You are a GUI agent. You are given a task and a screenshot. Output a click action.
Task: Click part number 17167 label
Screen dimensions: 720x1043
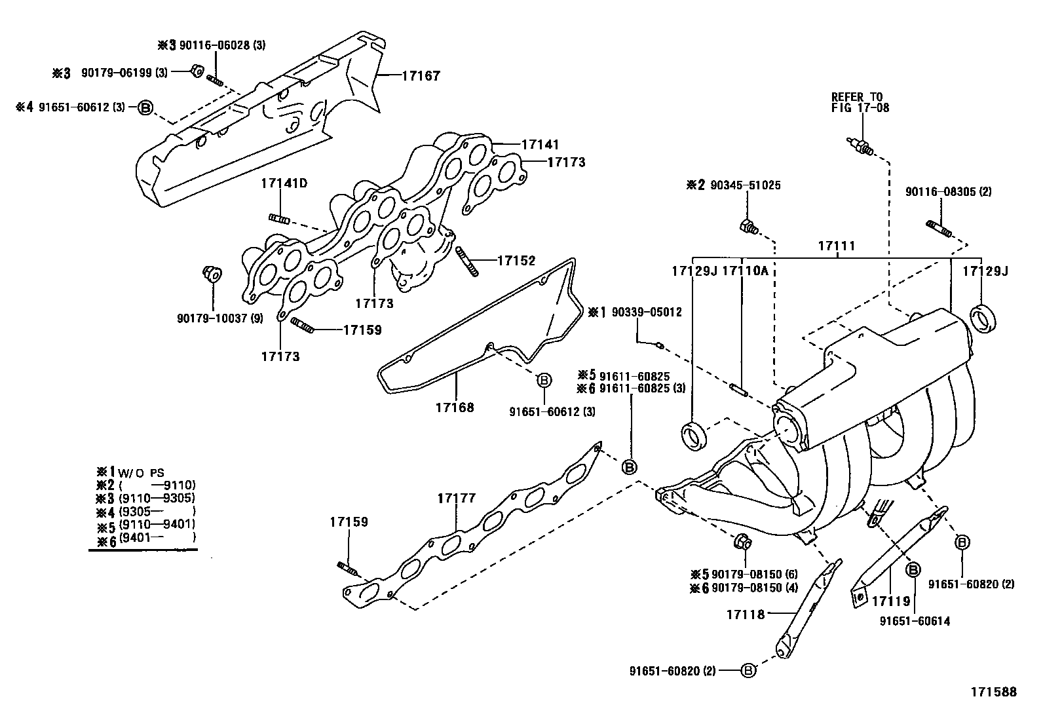(x=420, y=76)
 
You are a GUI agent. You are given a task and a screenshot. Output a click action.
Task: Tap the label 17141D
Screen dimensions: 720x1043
(x=284, y=183)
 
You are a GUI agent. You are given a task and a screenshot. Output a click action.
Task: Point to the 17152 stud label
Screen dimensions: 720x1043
(x=516, y=261)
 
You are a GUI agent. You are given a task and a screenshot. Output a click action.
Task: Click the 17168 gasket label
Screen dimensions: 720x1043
(x=454, y=407)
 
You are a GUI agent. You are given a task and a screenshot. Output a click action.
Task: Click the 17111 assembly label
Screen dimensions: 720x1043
(x=836, y=246)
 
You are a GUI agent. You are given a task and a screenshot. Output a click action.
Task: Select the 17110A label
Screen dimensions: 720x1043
(x=744, y=271)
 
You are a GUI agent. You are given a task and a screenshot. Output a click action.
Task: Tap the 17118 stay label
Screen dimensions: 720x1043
(x=746, y=614)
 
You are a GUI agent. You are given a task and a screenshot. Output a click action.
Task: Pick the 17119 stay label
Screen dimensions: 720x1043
(x=891, y=600)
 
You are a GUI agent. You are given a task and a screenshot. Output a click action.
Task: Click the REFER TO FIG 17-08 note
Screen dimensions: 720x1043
(x=860, y=102)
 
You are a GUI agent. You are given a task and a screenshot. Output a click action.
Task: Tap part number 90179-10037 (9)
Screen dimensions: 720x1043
(x=219, y=318)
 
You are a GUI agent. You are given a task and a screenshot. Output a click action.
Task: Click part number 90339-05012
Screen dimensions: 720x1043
(x=646, y=313)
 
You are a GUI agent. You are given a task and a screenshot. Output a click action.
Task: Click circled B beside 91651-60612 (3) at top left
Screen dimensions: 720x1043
(x=145, y=107)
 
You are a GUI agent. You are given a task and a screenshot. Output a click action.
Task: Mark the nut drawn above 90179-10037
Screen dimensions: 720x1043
(x=212, y=274)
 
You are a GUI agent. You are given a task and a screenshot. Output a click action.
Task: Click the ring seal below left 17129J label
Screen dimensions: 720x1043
(x=695, y=437)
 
